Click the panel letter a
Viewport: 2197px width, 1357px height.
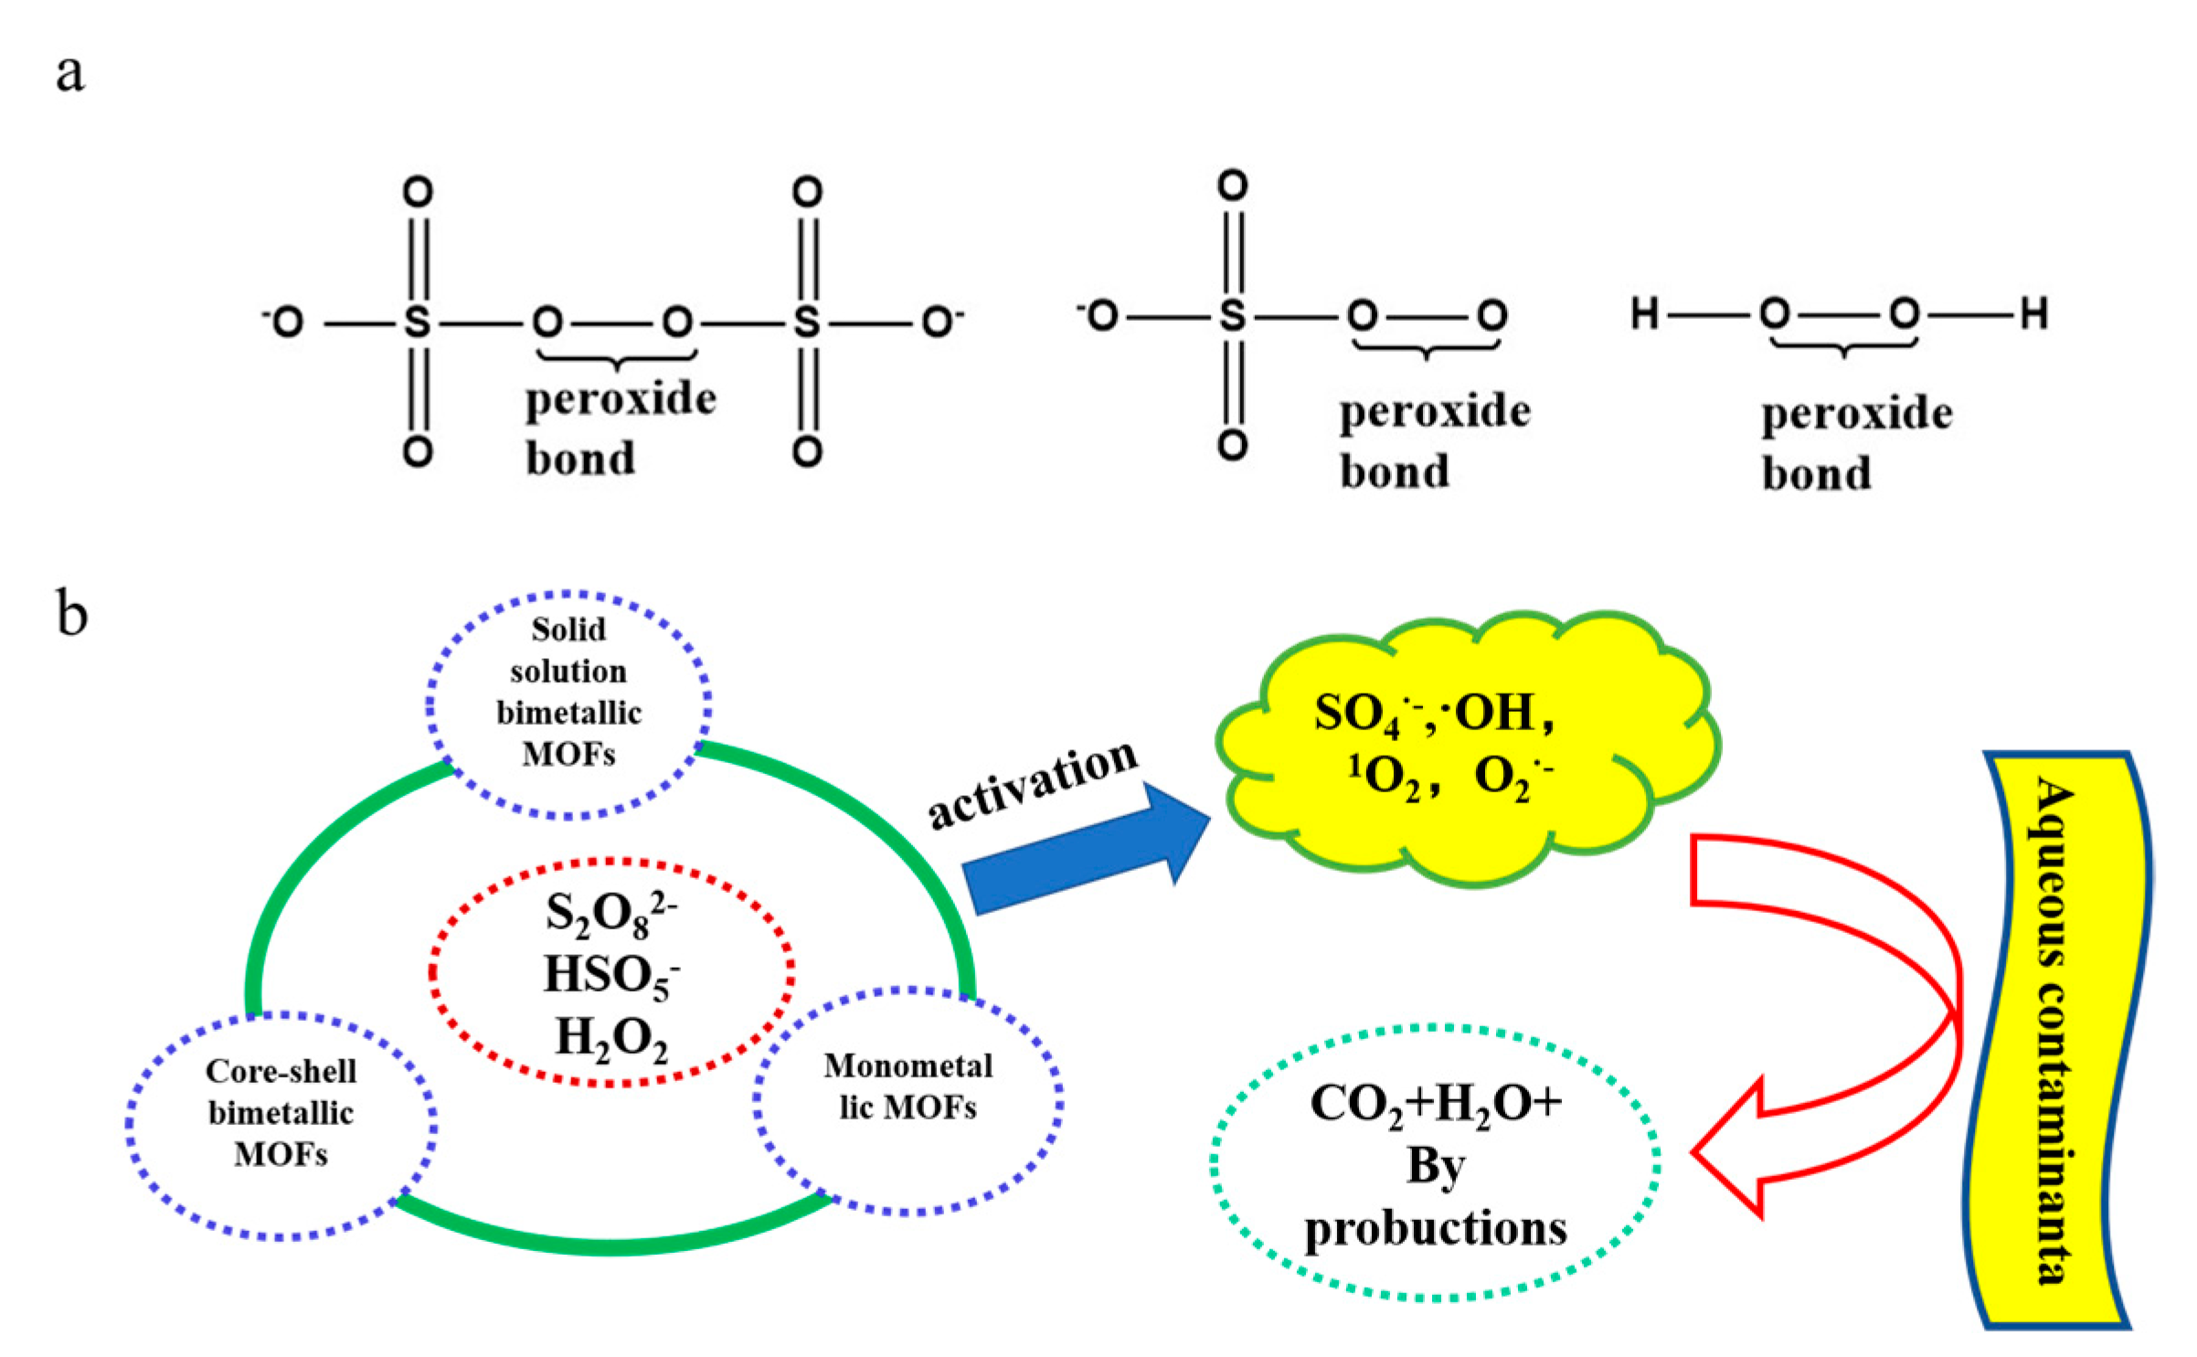[69, 73]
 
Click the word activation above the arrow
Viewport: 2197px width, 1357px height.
[1033, 784]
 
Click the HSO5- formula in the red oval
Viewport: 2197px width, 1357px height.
[610, 975]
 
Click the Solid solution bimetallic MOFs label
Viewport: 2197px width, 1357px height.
[568, 692]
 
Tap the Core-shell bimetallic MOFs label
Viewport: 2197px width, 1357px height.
[281, 1112]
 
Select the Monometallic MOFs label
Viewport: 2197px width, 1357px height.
[907, 1087]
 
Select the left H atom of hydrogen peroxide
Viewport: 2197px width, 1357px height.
[1645, 313]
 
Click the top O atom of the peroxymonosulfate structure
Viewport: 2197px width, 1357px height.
[1232, 186]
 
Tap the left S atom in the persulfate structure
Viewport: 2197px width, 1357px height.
[417, 322]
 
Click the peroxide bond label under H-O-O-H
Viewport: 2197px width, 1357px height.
[1855, 443]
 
